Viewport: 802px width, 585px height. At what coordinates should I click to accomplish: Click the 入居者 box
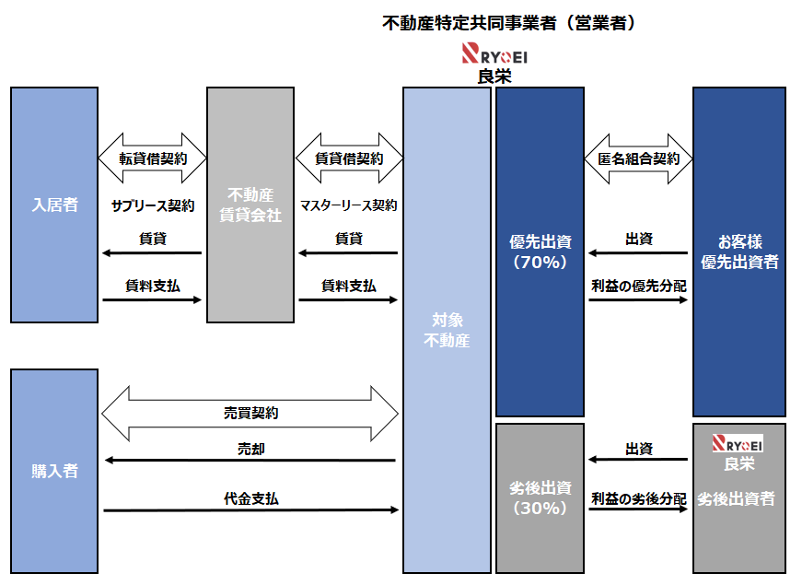pos(53,205)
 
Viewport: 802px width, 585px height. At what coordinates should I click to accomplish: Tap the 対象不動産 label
pos(447,331)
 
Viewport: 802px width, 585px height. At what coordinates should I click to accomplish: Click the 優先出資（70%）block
pos(540,252)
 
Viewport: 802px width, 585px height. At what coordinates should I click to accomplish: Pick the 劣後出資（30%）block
pos(540,498)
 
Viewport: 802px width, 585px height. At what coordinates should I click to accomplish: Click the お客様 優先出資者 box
pos(739,252)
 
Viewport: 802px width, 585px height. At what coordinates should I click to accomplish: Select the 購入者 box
pos(53,471)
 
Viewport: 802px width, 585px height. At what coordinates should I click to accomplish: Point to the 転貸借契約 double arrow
pos(152,158)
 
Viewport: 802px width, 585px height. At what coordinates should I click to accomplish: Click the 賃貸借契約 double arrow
pos(349,158)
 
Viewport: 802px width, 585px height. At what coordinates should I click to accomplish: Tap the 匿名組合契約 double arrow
pos(638,158)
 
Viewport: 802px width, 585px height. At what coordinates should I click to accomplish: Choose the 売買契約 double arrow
pos(250,413)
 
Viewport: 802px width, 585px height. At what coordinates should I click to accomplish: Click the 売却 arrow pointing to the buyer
pos(250,460)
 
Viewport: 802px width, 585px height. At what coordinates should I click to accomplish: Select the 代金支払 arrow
pos(250,509)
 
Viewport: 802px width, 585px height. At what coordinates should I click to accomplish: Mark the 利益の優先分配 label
pos(638,286)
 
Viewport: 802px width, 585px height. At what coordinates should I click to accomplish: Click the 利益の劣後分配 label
pos(638,498)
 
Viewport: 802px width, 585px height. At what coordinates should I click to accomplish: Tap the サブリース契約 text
pos(153,205)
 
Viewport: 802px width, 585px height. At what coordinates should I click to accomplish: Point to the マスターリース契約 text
pos(349,205)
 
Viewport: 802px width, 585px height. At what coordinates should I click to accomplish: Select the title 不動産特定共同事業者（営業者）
pos(509,23)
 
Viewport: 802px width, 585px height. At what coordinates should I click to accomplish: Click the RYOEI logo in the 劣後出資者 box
pos(738,443)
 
